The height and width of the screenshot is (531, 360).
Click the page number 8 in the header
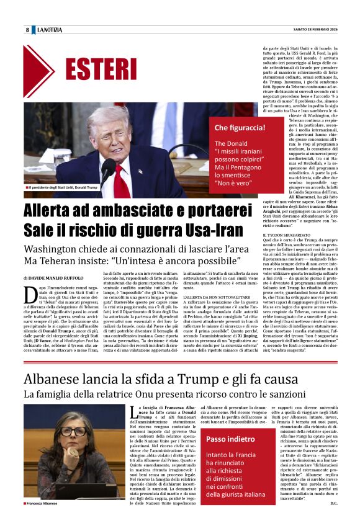(x=27, y=30)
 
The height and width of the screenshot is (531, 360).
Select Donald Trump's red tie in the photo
(x=121, y=179)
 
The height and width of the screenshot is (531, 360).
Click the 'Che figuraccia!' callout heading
(x=240, y=128)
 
